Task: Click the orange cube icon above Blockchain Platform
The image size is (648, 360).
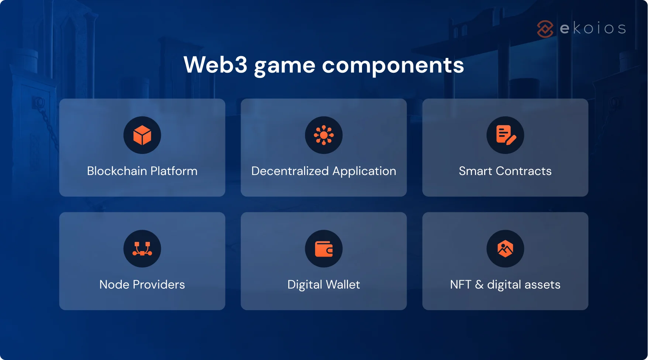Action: [x=142, y=135]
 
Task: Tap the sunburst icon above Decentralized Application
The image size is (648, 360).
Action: [x=324, y=135]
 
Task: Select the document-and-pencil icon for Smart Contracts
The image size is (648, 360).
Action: [x=505, y=135]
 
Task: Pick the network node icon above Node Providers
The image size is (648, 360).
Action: [x=142, y=249]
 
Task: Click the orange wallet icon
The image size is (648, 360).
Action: [x=324, y=249]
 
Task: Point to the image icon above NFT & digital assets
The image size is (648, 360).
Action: [x=505, y=249]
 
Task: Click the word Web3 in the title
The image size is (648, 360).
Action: [x=215, y=65]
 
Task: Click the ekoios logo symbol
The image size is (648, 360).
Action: [x=545, y=29]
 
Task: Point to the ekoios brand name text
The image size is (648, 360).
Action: [x=593, y=28]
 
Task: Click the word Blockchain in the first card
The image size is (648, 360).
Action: [x=117, y=171]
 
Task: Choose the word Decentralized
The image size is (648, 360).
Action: [x=290, y=171]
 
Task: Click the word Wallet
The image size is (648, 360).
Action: [x=343, y=285]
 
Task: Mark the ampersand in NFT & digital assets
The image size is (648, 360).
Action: [x=479, y=285]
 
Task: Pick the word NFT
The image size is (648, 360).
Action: [x=461, y=285]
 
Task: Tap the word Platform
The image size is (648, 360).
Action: [x=174, y=171]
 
